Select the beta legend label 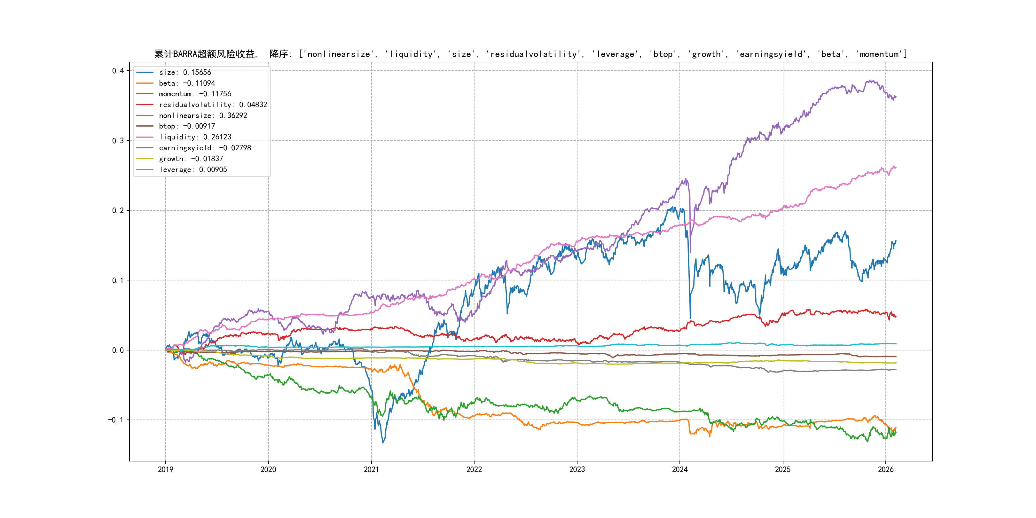(187, 83)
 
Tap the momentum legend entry (195, 94)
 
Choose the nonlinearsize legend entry (203, 115)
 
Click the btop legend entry (187, 126)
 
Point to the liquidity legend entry (195, 137)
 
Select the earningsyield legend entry (205, 148)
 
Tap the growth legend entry (191, 159)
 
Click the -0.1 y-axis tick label (115, 420)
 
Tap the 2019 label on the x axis (165, 469)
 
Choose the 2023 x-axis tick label (577, 469)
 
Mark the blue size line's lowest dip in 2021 (383, 443)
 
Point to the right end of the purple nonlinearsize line (896, 97)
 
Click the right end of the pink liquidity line (896, 167)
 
